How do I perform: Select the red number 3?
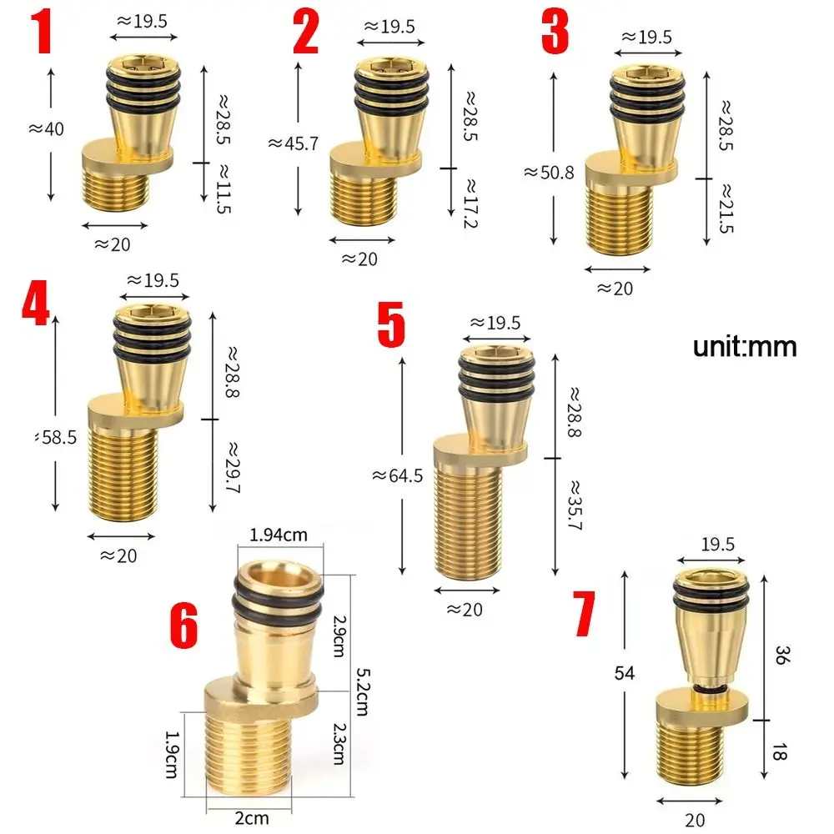pos(554,32)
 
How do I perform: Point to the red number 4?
pos(36,308)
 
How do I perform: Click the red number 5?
pos(390,326)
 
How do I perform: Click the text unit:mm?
pos(745,346)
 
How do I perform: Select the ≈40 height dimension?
pos(46,129)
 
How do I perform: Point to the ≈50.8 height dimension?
pos(549,173)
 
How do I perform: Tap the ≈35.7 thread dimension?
pos(575,505)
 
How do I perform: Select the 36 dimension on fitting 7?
pos(781,654)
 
